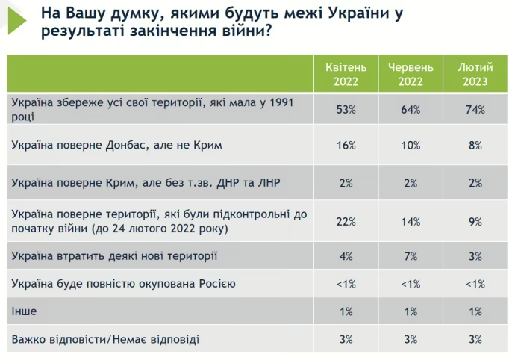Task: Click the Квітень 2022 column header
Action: (346, 74)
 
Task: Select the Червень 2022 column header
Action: (410, 74)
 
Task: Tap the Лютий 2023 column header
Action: (473, 74)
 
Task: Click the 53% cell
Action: (346, 109)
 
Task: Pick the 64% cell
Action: (410, 109)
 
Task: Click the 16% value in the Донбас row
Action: (346, 146)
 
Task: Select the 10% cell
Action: (410, 146)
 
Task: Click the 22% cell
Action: (346, 222)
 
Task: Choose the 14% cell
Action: (410, 222)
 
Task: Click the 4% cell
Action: (346, 256)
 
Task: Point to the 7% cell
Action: (410, 256)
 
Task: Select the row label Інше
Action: (25, 311)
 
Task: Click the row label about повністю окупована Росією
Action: (123, 284)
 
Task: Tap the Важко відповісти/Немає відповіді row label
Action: (105, 340)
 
